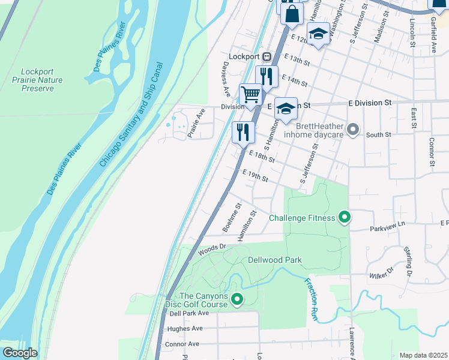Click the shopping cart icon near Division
(x=250, y=94)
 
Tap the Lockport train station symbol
(x=267, y=56)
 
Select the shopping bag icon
(x=291, y=14)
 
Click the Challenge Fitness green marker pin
(x=344, y=217)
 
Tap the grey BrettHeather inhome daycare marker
(x=353, y=129)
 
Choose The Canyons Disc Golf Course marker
(x=237, y=298)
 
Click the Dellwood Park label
(x=274, y=260)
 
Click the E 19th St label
(x=255, y=176)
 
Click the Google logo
(x=20, y=353)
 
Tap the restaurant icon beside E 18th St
(x=243, y=132)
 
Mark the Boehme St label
(x=231, y=217)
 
